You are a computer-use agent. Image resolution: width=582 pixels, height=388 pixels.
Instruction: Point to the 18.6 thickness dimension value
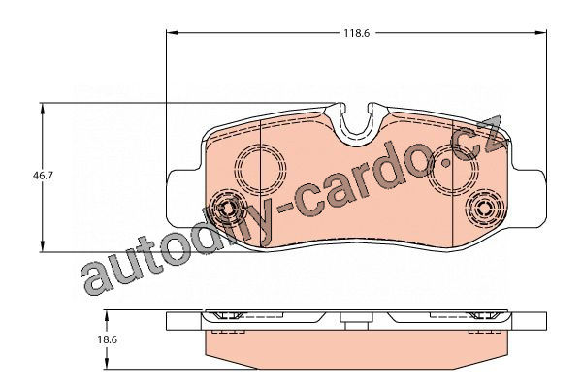click(107, 340)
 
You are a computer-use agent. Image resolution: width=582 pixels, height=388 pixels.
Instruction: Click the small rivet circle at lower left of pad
click(229, 208)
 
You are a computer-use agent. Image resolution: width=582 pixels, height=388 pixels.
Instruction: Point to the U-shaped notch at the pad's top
click(361, 120)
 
